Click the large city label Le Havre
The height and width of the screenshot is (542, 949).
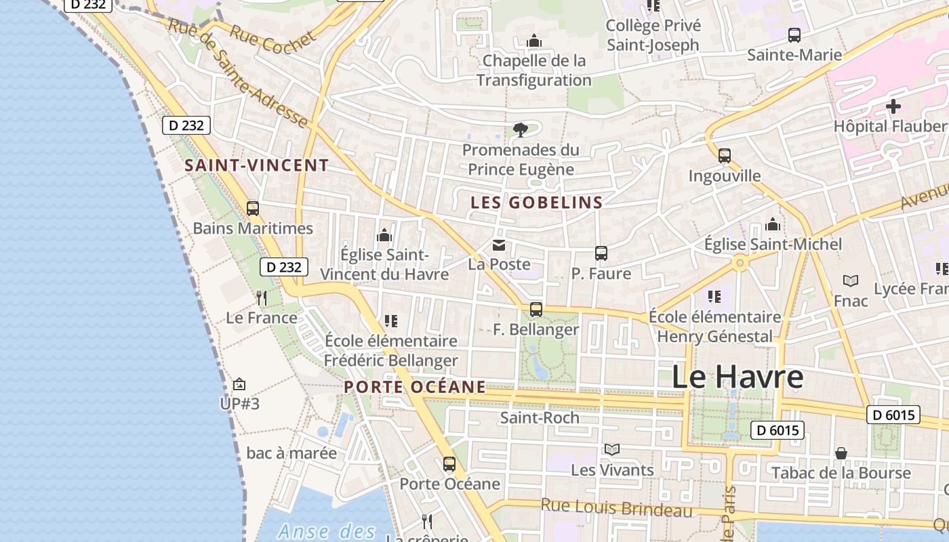pyautogui.click(x=737, y=377)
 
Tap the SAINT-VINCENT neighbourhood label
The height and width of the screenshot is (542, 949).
pyautogui.click(x=257, y=165)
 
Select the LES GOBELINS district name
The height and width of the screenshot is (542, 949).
pyautogui.click(x=536, y=202)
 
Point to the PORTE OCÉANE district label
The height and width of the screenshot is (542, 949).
pyautogui.click(x=415, y=387)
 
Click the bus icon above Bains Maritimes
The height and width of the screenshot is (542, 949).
pyautogui.click(x=253, y=209)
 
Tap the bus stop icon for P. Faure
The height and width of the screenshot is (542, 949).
pyautogui.click(x=601, y=253)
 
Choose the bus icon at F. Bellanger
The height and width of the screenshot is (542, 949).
pyautogui.click(x=536, y=310)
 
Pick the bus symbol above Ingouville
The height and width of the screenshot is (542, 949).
pyautogui.click(x=724, y=156)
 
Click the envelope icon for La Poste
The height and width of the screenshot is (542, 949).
pyautogui.click(x=499, y=245)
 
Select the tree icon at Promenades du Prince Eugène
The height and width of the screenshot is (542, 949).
pyautogui.click(x=520, y=129)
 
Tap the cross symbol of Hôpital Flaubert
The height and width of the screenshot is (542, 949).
pyautogui.click(x=893, y=106)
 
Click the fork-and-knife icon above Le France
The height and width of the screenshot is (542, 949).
pyautogui.click(x=262, y=297)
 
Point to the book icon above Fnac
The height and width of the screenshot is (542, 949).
pyautogui.click(x=850, y=280)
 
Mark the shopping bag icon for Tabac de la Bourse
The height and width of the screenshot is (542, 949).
pyautogui.click(x=841, y=453)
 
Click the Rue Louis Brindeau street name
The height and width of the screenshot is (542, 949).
pyautogui.click(x=616, y=507)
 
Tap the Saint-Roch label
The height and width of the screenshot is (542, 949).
pyautogui.click(x=540, y=417)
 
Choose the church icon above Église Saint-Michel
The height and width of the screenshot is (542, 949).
pyautogui.click(x=772, y=225)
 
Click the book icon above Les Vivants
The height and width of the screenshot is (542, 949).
pyautogui.click(x=611, y=449)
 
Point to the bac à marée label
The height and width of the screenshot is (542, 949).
pyautogui.click(x=291, y=453)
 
